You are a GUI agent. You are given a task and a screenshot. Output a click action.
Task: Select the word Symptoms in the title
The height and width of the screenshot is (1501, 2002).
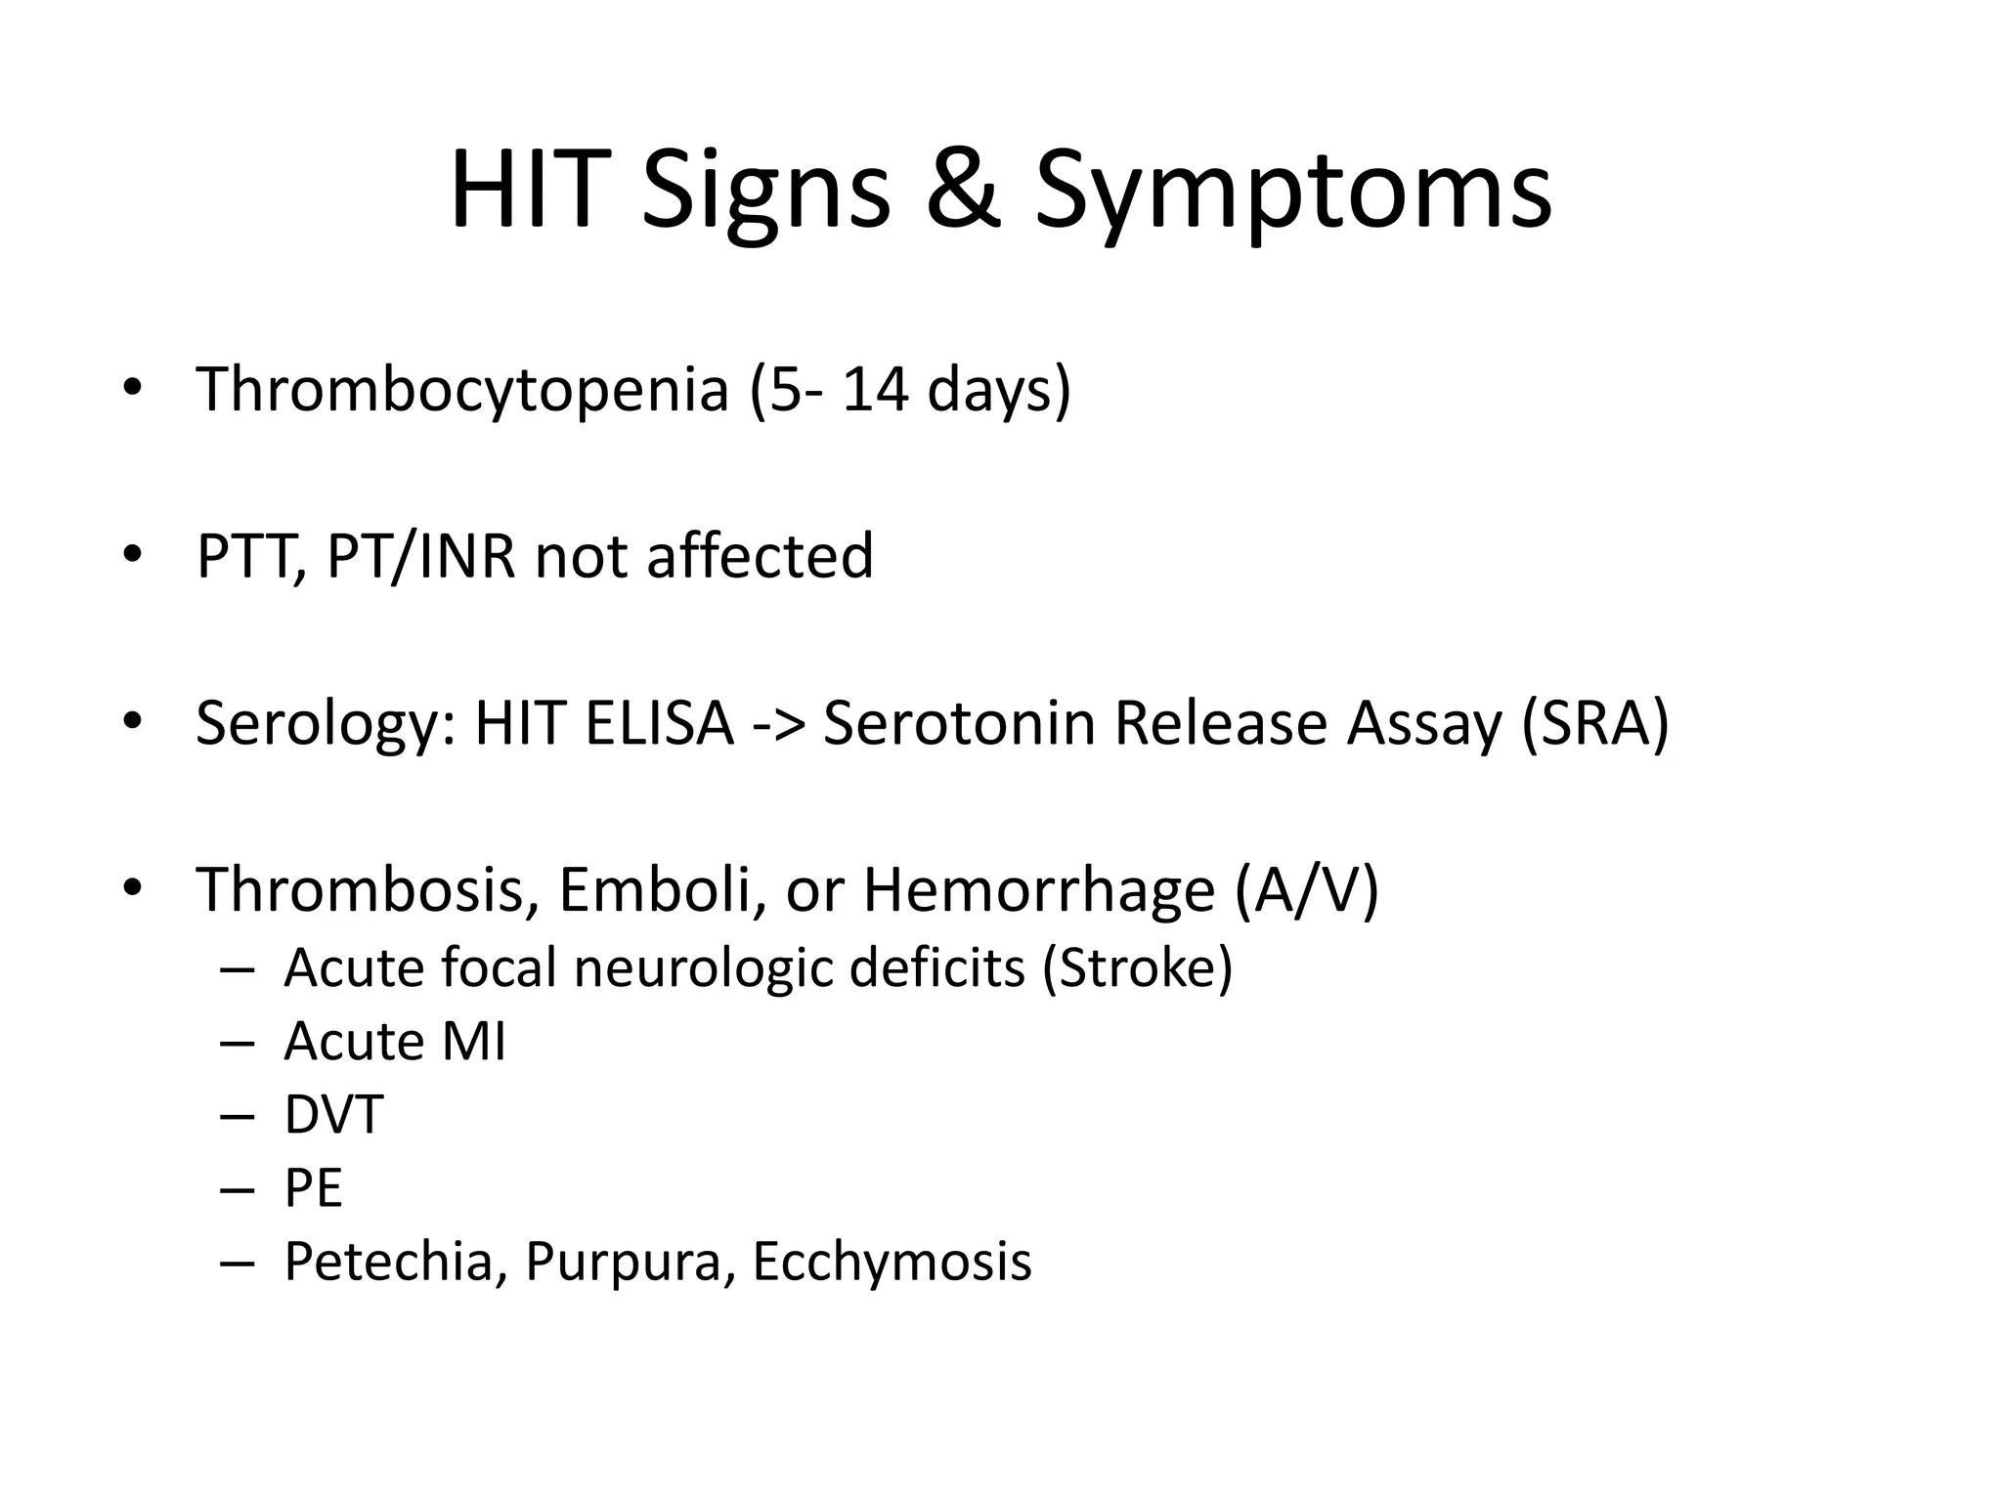[1292, 193]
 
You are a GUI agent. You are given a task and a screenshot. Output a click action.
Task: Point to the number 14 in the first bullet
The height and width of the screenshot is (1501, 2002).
[876, 389]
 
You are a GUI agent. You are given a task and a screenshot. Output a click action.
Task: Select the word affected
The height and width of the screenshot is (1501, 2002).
[760, 556]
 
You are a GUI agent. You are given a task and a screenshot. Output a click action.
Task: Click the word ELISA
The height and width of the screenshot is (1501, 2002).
[659, 723]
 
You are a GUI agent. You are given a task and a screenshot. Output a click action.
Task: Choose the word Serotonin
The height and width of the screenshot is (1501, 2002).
[957, 723]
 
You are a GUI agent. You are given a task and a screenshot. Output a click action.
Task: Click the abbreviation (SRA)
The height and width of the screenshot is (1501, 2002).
[1594, 725]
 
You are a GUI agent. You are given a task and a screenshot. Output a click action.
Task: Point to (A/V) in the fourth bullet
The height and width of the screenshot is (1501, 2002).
[1306, 891]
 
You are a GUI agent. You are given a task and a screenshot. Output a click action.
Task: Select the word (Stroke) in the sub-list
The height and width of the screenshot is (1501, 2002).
[1137, 968]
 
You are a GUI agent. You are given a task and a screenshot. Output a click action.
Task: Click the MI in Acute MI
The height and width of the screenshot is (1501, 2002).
[474, 1042]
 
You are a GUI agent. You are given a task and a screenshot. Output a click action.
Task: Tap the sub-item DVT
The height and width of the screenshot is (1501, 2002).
[333, 1115]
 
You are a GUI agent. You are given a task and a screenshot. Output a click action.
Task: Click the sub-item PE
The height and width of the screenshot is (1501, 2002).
[313, 1189]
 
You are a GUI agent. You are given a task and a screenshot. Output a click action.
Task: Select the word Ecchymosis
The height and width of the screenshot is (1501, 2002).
[892, 1263]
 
